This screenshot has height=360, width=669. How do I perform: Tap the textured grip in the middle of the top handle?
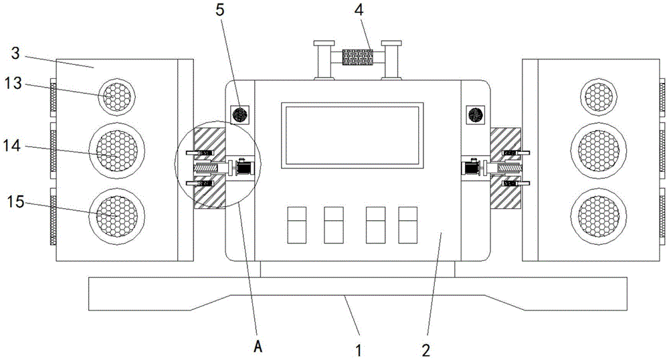(357, 57)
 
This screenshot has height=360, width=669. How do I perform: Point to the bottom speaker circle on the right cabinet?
(601, 212)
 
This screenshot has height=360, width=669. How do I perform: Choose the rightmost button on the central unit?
(408, 224)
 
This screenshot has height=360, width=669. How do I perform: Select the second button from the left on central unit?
(333, 224)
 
